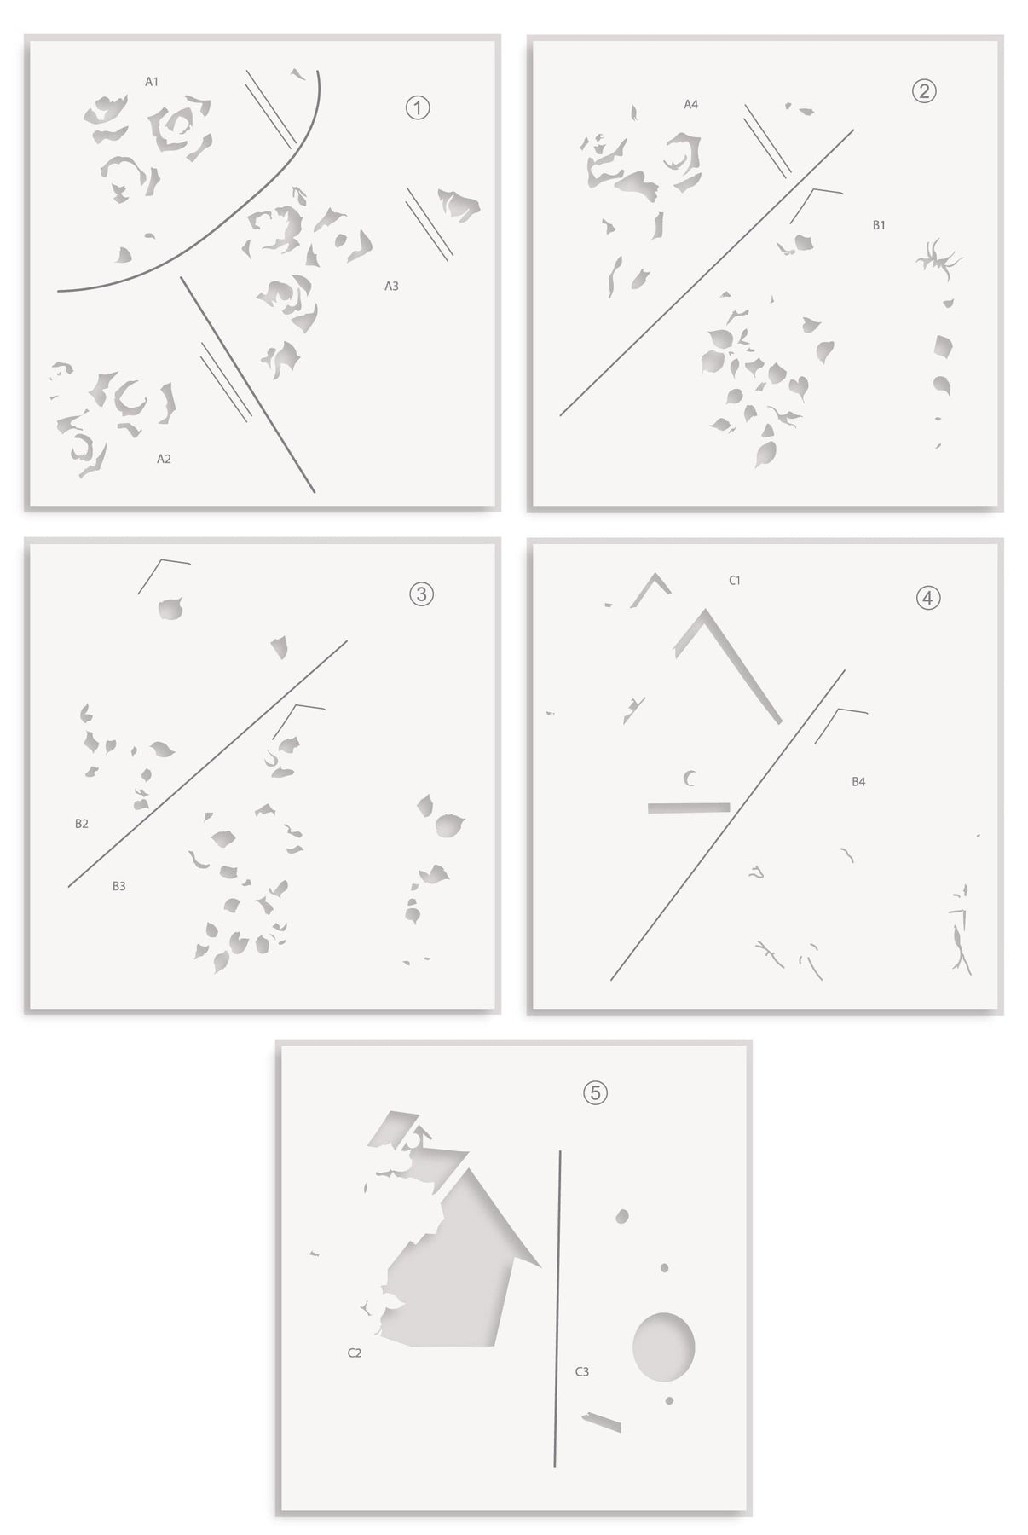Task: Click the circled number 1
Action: (x=417, y=108)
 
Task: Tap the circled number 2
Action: (x=924, y=90)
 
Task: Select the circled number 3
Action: (x=421, y=594)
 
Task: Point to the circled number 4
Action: (x=928, y=598)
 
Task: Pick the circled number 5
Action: (x=595, y=1092)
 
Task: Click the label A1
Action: (x=152, y=82)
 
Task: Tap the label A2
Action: (x=164, y=459)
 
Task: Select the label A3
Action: (x=391, y=287)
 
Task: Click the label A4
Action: (x=691, y=104)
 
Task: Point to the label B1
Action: (x=879, y=225)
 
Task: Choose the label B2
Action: (x=82, y=824)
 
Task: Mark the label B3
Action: (x=119, y=886)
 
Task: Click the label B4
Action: (x=858, y=781)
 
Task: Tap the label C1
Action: (x=735, y=581)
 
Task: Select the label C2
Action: (x=355, y=1353)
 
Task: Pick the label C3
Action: (x=581, y=1371)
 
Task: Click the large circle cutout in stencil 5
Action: (x=663, y=1346)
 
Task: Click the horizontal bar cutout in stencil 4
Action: (x=689, y=807)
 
